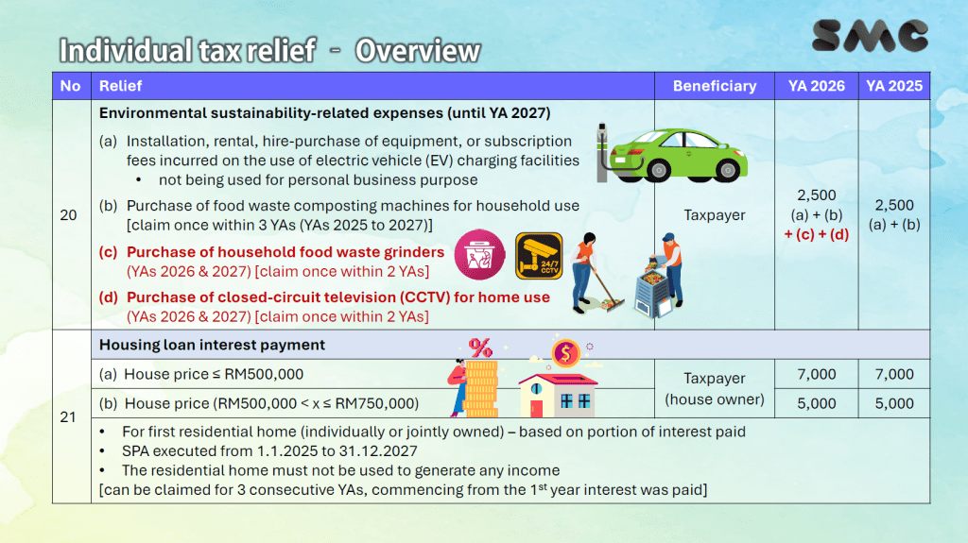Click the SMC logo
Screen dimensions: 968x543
870,35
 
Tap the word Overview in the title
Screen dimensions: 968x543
417,51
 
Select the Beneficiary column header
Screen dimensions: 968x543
715,86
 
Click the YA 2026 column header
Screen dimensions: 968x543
816,86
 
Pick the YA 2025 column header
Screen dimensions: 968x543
894,86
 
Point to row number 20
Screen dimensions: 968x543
68,214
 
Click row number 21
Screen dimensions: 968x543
68,417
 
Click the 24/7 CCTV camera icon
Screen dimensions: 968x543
539,256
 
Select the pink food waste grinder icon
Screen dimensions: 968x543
479,255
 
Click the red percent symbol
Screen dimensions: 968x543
480,348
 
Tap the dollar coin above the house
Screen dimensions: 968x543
565,353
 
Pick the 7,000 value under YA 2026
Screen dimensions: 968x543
816,374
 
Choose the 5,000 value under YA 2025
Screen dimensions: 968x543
894,403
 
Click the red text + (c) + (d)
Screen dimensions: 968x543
816,234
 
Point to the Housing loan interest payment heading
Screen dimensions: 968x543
212,345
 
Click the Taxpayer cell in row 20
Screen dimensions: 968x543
715,214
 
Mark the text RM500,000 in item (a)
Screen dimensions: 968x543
264,374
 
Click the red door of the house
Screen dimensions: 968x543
536,409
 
